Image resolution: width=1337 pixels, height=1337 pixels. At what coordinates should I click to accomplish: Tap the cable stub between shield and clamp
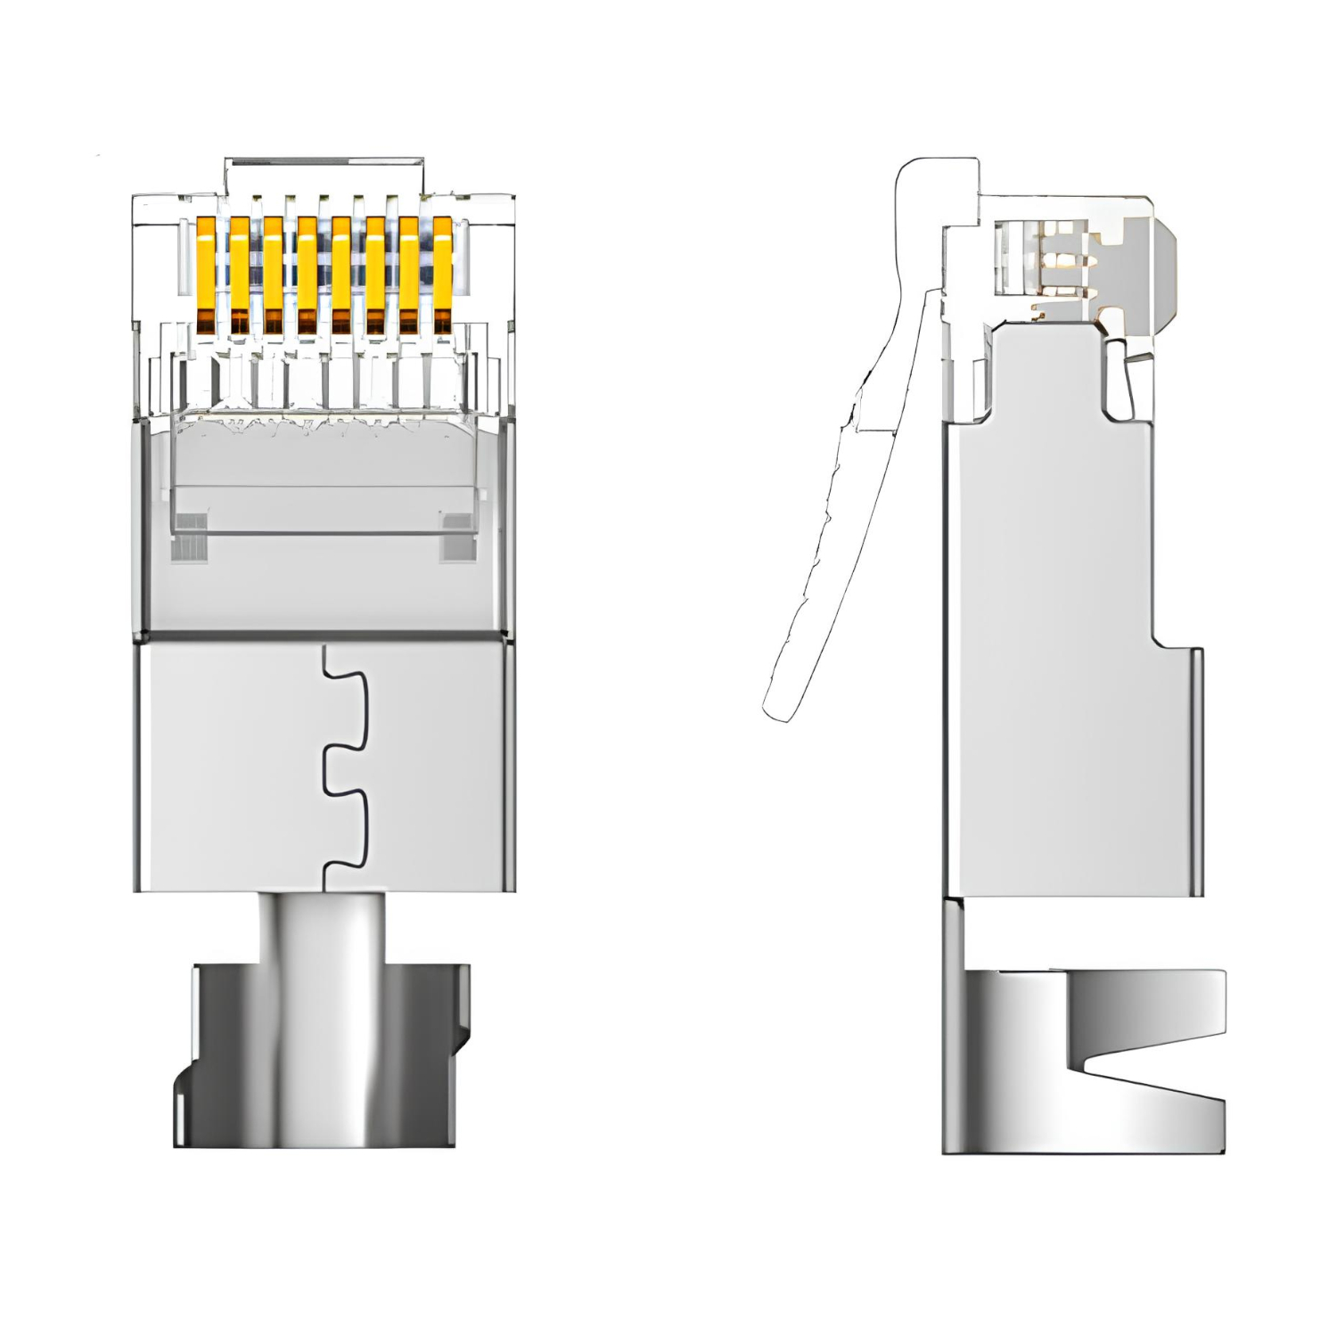[323, 927]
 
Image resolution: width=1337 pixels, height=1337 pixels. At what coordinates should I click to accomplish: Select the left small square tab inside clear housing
[190, 537]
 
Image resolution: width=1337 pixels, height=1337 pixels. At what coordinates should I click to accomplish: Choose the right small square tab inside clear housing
[457, 537]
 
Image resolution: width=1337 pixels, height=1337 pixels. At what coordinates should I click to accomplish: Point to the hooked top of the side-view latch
[936, 178]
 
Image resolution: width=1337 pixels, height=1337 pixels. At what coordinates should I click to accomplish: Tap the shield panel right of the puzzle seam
[432, 767]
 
